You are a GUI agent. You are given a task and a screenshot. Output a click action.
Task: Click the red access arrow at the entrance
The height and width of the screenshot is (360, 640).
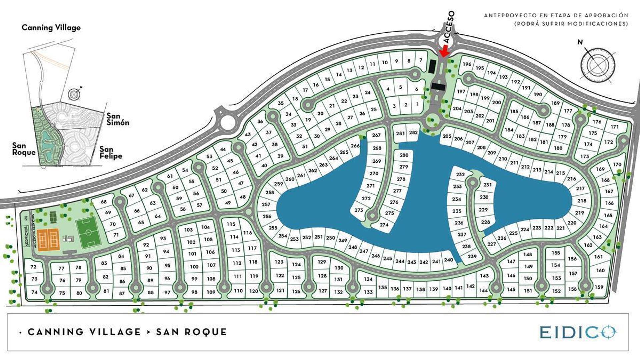pyautogui.click(x=444, y=51)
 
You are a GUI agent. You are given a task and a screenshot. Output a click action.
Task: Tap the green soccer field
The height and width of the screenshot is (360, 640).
pyautogui.click(x=88, y=232)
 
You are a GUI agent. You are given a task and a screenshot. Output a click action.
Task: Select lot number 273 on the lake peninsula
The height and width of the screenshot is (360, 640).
pyautogui.click(x=359, y=210)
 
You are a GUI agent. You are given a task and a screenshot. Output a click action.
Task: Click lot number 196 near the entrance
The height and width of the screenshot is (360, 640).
pyautogui.click(x=467, y=64)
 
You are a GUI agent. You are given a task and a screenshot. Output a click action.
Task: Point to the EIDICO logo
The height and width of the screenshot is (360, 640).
pyautogui.click(x=578, y=332)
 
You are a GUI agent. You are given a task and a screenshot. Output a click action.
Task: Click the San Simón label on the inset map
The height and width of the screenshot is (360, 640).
pyautogui.click(x=117, y=119)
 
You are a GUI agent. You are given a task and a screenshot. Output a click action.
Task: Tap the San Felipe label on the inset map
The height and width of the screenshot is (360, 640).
pyautogui.click(x=111, y=152)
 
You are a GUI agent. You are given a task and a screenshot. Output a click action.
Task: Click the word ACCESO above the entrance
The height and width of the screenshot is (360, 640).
pyautogui.click(x=449, y=27)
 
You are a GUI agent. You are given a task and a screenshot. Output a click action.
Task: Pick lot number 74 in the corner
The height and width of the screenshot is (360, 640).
pyautogui.click(x=34, y=292)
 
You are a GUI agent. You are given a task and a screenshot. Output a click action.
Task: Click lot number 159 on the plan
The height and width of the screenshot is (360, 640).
pyautogui.click(x=599, y=287)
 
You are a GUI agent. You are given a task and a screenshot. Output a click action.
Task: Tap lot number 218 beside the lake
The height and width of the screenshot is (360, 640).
pyautogui.click(x=582, y=201)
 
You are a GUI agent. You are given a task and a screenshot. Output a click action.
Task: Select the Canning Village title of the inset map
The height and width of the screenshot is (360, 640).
pyautogui.click(x=51, y=28)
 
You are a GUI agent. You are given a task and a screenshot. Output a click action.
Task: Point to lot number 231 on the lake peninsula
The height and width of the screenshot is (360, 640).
pyautogui.click(x=487, y=185)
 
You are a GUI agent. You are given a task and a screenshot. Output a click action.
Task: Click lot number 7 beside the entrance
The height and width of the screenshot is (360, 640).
pyautogui.click(x=421, y=60)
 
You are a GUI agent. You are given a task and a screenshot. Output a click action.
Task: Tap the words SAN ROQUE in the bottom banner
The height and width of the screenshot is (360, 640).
pyautogui.click(x=191, y=332)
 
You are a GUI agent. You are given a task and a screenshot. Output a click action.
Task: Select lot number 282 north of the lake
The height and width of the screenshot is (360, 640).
pyautogui.click(x=413, y=132)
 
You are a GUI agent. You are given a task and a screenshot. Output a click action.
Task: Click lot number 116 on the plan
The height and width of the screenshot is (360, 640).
pyautogui.click(x=247, y=233)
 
